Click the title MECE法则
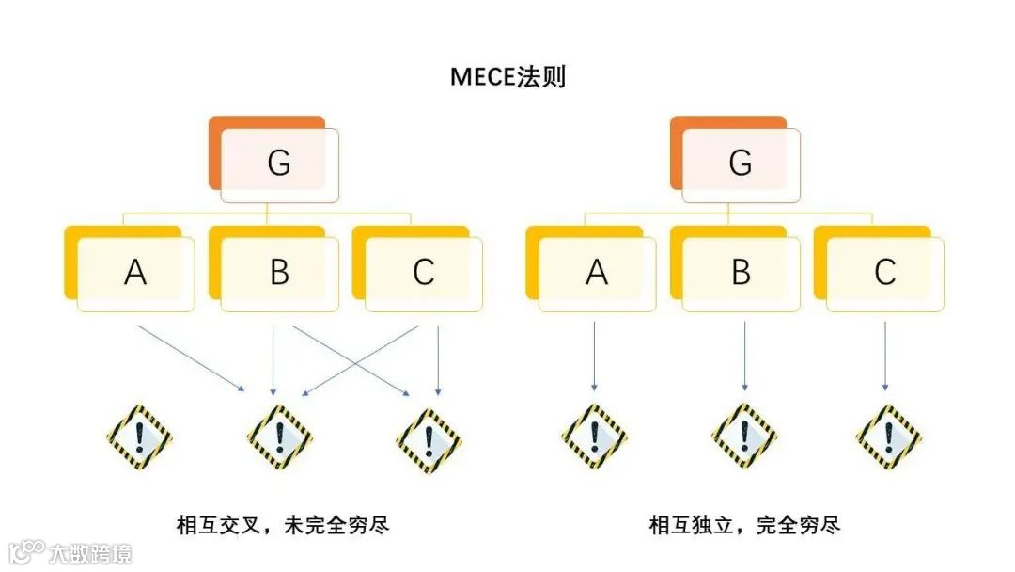507,77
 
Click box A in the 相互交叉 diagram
135,272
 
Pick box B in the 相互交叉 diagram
279,272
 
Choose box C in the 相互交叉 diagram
423,272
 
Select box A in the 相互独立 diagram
597,272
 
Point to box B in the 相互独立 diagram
741,272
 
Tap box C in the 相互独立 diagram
884,272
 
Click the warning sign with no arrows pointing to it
140,437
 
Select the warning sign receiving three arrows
279,437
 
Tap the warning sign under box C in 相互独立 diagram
888,437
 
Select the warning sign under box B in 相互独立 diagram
744,437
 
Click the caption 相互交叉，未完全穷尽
283,525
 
